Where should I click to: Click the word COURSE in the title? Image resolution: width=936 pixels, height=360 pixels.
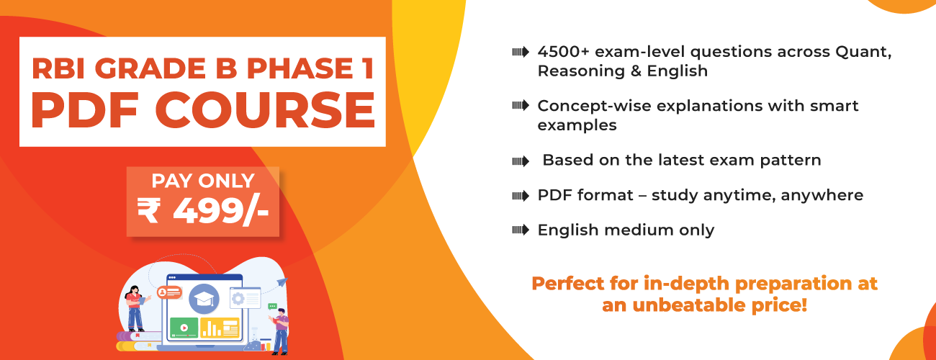coord(266,110)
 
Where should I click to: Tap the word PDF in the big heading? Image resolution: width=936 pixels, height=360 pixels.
coord(84,110)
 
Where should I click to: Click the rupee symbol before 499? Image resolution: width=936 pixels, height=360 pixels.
coord(149,211)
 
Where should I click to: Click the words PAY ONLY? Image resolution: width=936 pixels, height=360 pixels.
coord(203,181)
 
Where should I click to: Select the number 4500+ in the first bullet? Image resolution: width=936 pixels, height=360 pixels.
coord(563,52)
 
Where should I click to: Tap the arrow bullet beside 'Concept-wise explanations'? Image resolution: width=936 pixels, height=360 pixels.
coord(521,105)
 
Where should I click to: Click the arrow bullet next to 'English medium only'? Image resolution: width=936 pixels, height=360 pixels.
coord(521,230)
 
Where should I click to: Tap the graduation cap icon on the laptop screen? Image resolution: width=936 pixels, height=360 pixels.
coord(204,299)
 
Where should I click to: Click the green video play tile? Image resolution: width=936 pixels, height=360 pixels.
coord(184,328)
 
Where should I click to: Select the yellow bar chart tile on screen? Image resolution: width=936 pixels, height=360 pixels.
coord(220,328)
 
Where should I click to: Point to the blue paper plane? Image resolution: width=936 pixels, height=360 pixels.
coord(282,282)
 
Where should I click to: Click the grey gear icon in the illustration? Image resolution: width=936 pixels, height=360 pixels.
coord(238,299)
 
